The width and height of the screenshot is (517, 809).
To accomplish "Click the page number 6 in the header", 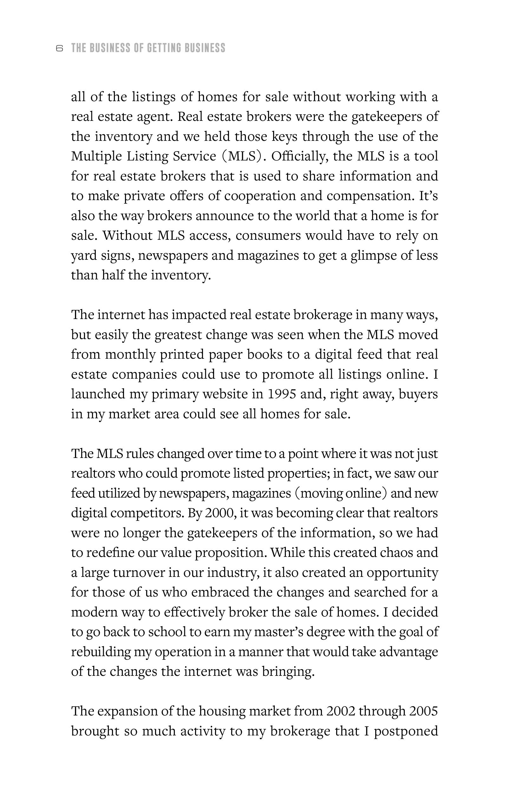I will [59, 49].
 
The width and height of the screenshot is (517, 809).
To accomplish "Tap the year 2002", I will [340, 711].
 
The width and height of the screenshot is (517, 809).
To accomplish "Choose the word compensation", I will [370, 196].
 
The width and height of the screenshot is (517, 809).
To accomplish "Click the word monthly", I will [130, 355].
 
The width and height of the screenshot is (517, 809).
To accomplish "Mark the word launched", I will [98, 394].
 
